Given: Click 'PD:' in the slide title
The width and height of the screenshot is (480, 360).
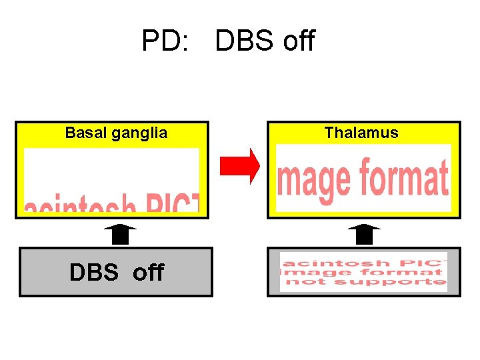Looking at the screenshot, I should [x=159, y=41].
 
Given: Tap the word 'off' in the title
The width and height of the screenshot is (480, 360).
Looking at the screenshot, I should [x=298, y=41].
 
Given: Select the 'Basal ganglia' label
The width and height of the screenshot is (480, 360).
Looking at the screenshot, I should [x=116, y=133].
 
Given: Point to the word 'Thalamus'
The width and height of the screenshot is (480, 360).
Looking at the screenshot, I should [x=361, y=133].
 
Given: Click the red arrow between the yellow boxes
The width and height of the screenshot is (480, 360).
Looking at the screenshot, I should [x=241, y=166].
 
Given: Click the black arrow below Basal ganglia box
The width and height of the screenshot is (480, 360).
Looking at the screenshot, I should [x=120, y=235].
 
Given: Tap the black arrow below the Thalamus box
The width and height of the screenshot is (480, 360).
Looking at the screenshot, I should [x=363, y=235].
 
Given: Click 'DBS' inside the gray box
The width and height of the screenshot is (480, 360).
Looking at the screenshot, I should [x=93, y=272].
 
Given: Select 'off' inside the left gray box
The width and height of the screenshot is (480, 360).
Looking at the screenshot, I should [x=147, y=272].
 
